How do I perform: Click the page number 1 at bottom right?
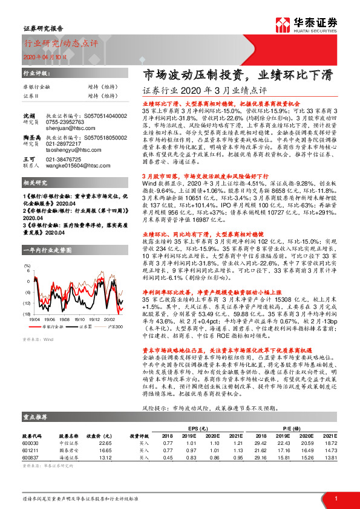click(335, 498)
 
